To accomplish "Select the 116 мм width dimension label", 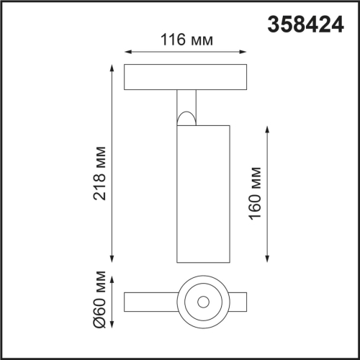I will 184,41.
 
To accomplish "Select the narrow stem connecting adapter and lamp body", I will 186,101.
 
